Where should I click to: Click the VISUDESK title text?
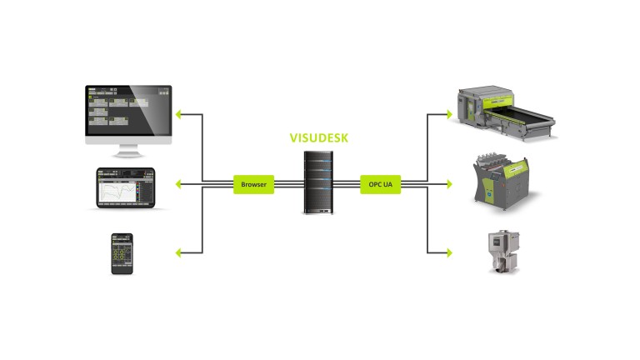[320, 137]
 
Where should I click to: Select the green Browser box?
[254, 183]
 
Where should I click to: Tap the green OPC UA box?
[381, 183]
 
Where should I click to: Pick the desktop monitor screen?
[128, 112]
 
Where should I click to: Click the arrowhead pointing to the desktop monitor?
[179, 113]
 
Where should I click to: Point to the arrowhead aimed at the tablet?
[179, 183]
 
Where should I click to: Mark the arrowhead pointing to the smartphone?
[179, 252]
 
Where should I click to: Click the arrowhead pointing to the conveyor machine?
[449, 113]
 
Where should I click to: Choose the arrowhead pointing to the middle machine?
[449, 183]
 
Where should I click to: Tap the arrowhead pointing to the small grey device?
[449, 252]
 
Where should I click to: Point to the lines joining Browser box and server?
[287, 183]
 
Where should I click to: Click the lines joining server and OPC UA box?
[347, 183]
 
